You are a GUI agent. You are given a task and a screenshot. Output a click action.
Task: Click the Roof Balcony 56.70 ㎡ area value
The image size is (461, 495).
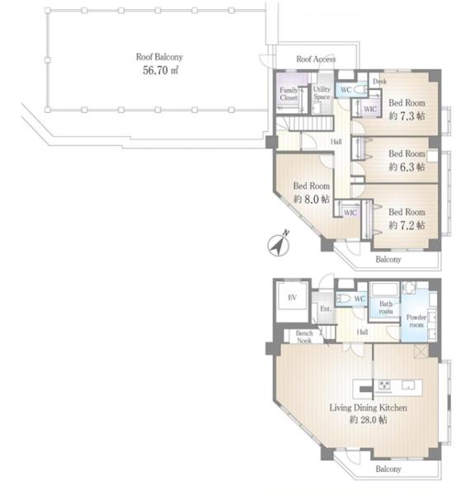161,70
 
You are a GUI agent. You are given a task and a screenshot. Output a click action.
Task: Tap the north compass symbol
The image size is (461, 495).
278,244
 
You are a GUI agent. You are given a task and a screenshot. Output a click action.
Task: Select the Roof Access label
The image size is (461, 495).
316,59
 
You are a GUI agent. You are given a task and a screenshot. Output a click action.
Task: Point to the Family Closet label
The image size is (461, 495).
289,94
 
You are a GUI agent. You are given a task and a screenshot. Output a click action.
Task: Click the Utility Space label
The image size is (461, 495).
322,93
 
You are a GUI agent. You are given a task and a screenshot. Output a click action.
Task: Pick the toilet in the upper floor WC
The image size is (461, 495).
360,90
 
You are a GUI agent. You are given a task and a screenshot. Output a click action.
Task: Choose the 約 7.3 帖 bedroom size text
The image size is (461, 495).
407,116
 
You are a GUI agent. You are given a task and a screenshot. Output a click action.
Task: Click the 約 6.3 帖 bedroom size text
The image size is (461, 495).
407,167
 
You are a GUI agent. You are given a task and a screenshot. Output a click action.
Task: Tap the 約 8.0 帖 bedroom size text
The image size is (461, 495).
312,199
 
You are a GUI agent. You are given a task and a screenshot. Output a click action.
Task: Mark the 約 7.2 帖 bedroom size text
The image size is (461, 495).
407,225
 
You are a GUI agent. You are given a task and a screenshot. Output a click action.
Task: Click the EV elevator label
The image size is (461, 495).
292,297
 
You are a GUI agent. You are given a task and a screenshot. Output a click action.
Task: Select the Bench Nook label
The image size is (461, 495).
304,337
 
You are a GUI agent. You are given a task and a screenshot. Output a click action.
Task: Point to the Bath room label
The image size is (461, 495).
386,308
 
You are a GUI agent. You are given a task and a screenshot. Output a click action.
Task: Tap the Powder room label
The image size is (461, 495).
416,321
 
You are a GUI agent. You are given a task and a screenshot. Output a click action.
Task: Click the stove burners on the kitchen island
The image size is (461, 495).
384,385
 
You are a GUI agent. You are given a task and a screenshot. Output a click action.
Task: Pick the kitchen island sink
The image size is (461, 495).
408,385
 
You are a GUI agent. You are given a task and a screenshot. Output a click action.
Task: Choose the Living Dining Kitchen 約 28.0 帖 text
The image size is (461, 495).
368,413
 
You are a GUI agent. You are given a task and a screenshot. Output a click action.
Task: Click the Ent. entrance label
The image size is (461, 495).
326,309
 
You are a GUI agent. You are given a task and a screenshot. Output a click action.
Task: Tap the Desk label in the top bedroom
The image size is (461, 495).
379,82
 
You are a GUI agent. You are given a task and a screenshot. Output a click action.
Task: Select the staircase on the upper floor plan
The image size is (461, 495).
311,123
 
